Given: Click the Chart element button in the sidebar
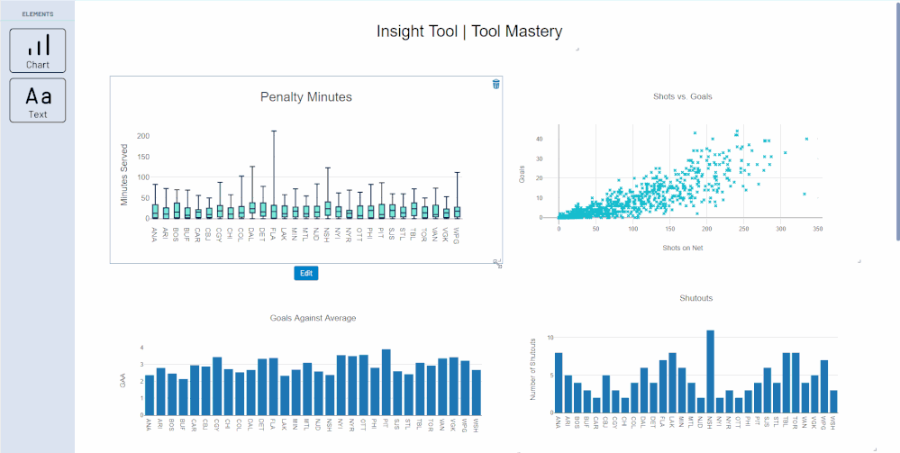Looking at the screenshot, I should pos(38,50).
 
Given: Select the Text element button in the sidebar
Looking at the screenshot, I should pos(38,100).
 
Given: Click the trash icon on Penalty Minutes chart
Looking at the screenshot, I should pos(495,84).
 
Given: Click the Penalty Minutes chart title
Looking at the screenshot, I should pos(305,96).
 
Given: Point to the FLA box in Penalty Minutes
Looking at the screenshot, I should pos(274,211).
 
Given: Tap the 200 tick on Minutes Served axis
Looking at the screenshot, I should pos(142,136).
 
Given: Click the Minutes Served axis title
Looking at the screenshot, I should pos(124,175).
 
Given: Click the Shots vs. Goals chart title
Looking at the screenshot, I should pos(688,96).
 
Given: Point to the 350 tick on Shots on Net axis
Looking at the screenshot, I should pos(818,230).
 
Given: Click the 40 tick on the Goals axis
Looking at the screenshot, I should pos(539,139).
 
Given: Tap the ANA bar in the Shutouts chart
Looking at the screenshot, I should pos(559,380).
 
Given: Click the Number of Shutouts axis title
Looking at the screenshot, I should pos(533,369).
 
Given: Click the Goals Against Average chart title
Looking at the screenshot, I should pos(313,318).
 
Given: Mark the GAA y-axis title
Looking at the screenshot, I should pos(123,381).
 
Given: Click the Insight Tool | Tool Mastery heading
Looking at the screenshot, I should pos(469,32).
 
